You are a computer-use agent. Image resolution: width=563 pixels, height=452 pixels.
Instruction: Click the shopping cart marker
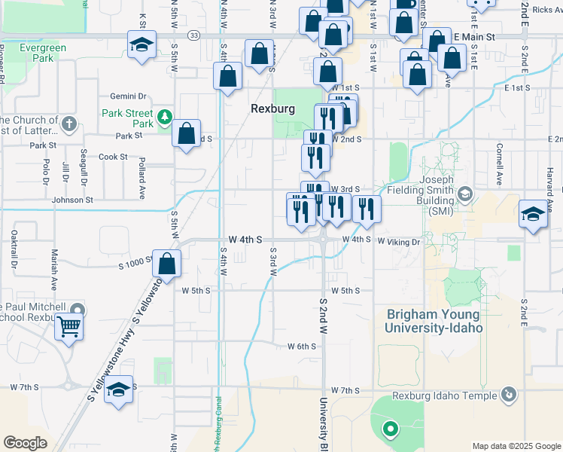[68, 326]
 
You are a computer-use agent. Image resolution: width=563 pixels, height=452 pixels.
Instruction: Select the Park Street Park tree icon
[164, 116]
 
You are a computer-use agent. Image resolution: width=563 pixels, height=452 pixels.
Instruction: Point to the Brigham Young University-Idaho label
[434, 320]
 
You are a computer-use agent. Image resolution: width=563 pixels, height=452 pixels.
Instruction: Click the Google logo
[26, 442]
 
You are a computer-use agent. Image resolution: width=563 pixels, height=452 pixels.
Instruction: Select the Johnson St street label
[72, 200]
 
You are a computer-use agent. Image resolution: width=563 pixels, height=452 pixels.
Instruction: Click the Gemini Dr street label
[128, 96]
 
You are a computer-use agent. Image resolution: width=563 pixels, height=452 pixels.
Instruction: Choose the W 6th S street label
[302, 346]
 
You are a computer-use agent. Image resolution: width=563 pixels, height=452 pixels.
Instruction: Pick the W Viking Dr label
[398, 242]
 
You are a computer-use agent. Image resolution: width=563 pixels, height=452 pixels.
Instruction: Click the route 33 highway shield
[194, 35]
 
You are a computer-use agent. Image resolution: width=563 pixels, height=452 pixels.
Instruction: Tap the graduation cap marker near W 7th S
[118, 389]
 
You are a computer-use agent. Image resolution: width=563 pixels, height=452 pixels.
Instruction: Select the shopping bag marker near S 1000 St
[168, 264]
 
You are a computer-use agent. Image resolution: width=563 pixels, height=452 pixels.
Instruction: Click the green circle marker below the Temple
[390, 430]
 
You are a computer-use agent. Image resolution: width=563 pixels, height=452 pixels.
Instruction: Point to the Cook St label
[113, 157]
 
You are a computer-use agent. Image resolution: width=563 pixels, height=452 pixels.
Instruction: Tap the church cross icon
[68, 123]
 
